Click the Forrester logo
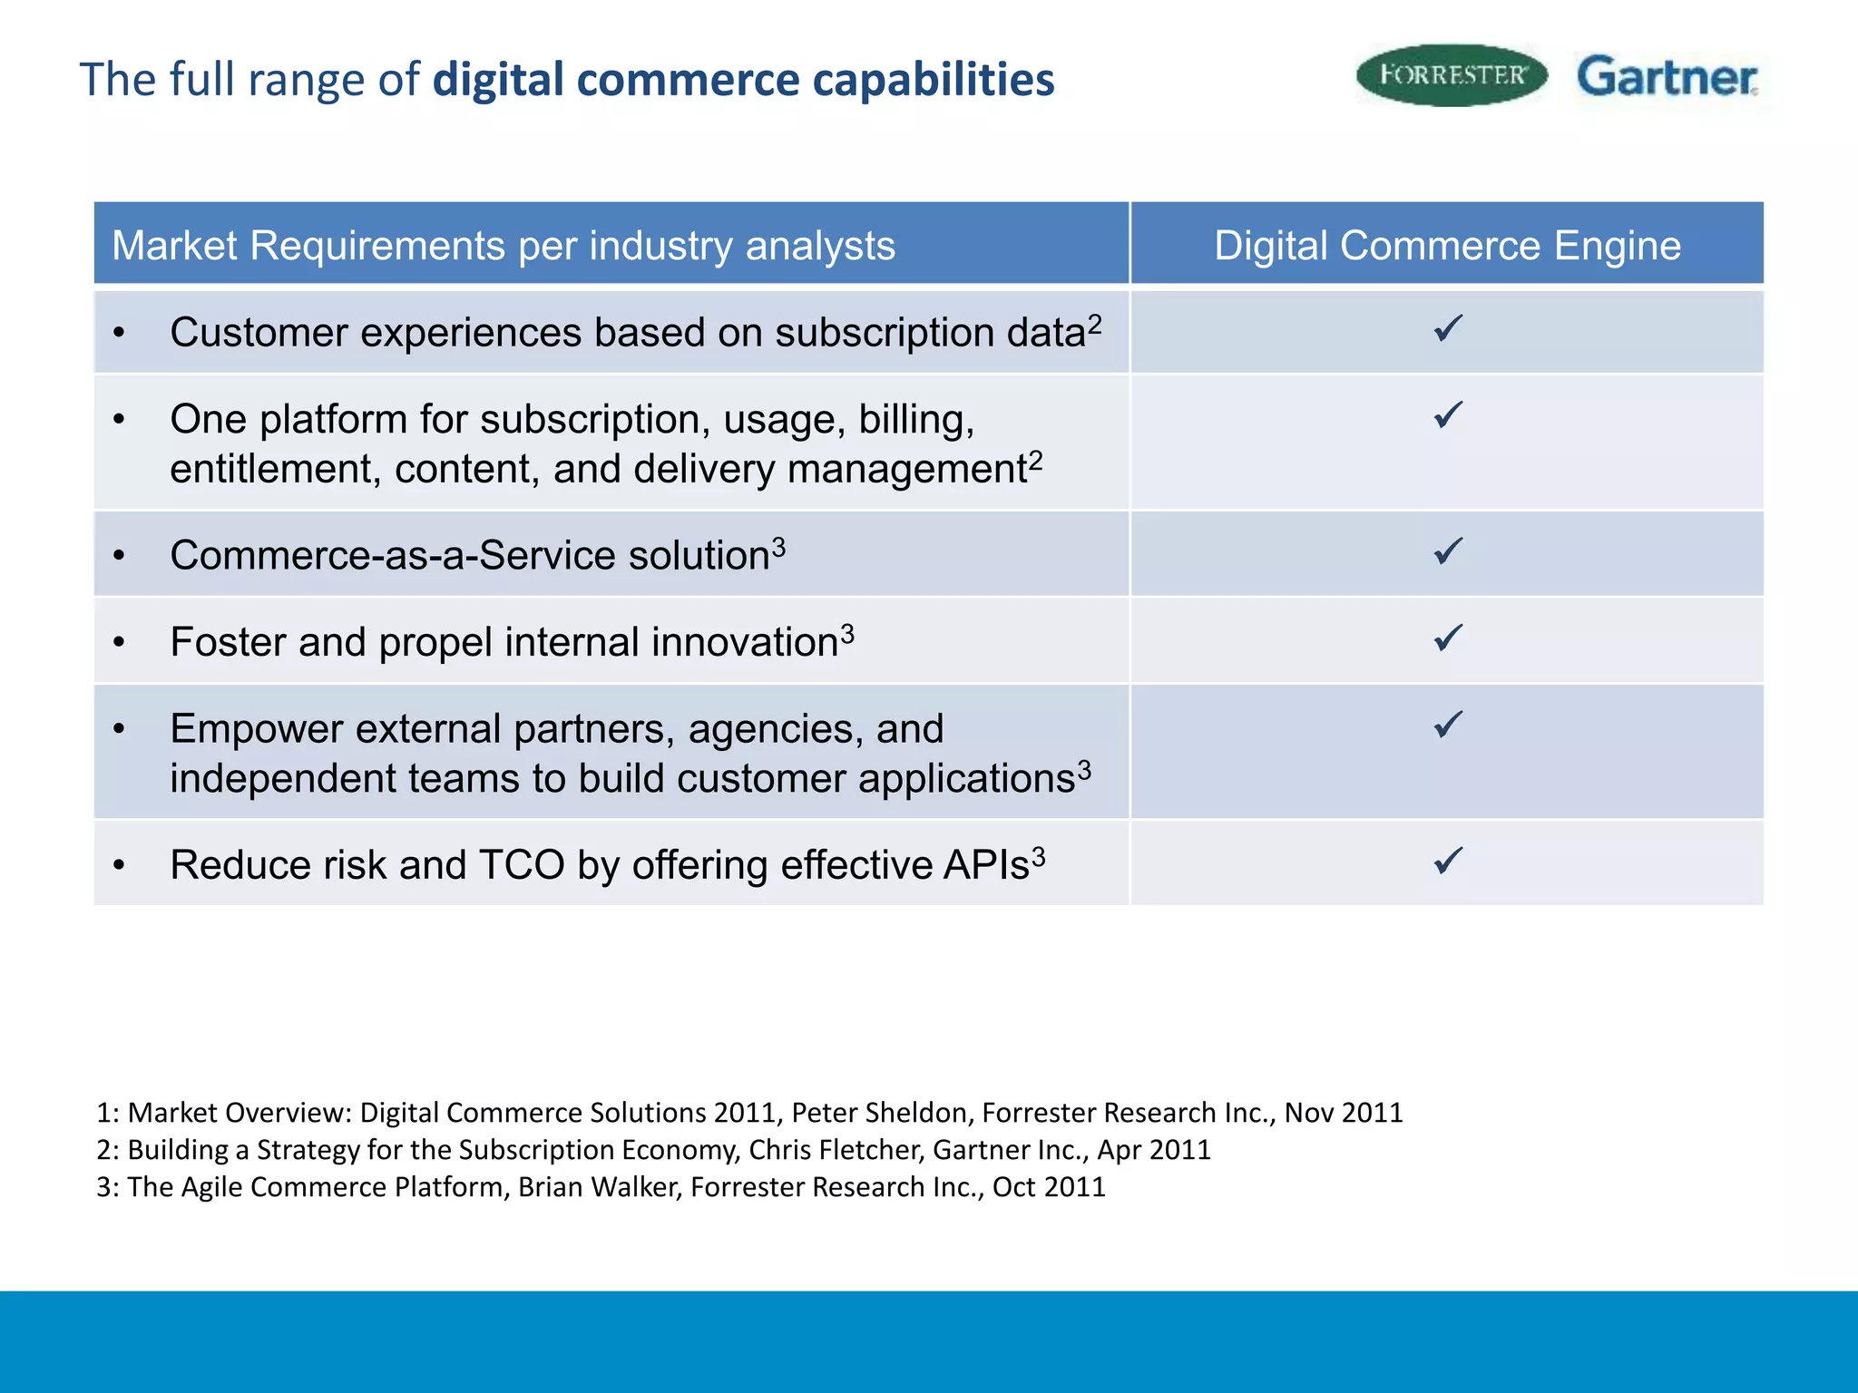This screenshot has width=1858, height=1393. tap(1452, 75)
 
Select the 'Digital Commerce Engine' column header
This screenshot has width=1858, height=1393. tap(1447, 246)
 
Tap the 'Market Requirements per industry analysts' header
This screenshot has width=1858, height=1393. tap(504, 246)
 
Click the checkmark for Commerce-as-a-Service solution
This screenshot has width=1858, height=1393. tap(1448, 551)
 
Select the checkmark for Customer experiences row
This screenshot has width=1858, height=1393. tap(1448, 328)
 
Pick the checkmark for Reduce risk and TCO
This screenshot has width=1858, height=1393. tap(1448, 860)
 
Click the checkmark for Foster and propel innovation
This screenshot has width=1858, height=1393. tap(1448, 638)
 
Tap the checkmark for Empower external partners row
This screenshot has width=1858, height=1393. tap(1448, 725)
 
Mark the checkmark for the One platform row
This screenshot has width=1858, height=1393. tap(1448, 415)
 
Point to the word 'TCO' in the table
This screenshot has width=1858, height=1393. tap(521, 865)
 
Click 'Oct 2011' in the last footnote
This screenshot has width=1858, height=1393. tap(1049, 1187)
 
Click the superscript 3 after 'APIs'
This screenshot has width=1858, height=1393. tap(1039, 855)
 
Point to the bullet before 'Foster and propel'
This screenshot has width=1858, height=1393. tap(119, 643)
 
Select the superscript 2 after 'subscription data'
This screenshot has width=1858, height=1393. tap(1095, 323)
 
